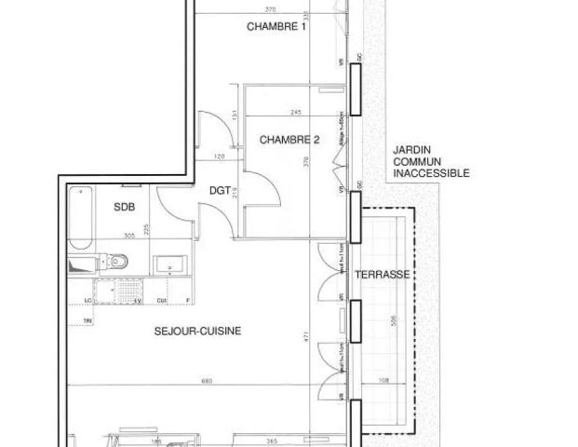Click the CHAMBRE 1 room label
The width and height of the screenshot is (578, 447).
[x=276, y=27]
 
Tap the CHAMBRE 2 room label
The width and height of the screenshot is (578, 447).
[x=289, y=141]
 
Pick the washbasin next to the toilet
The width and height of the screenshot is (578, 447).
[x=170, y=265]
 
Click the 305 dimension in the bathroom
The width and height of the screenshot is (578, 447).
[x=131, y=237]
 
